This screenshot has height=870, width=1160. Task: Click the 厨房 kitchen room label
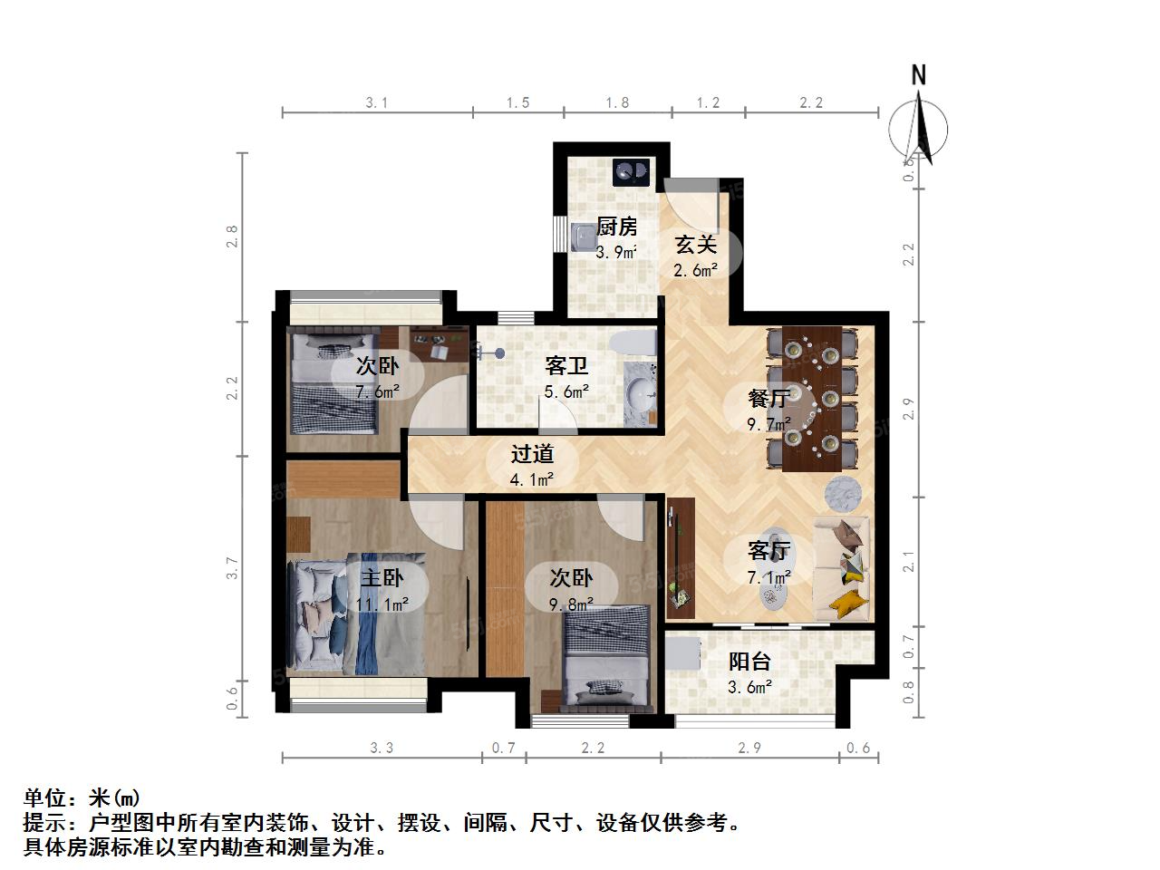(616, 227)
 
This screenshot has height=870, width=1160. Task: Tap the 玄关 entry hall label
(696, 245)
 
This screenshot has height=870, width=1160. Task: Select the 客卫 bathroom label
(566, 366)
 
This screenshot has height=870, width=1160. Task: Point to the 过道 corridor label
(532, 454)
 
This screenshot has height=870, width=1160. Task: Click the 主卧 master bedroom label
(382, 578)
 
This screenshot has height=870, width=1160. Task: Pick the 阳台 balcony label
(749, 662)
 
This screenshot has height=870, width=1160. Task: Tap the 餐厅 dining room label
(768, 399)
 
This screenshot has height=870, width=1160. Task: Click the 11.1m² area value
(382, 604)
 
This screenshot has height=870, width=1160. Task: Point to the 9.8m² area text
(571, 604)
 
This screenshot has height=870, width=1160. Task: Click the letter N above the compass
(919, 75)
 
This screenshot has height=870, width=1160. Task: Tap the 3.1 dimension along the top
(377, 102)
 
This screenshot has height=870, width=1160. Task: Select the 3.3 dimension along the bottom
(382, 748)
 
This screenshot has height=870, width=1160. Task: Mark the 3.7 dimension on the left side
(232, 568)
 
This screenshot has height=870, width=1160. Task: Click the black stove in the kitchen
(631, 172)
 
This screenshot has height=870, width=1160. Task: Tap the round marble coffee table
(844, 495)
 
